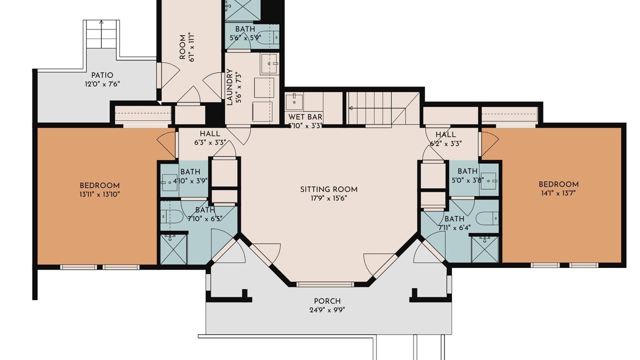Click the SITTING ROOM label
pyautogui.click(x=328, y=189)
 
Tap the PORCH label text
pyautogui.click(x=327, y=301)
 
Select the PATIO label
pyautogui.click(x=102, y=75)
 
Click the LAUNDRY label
pyautogui.click(x=229, y=87)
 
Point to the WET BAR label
pyautogui.click(x=305, y=117)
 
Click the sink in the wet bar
pyautogui.click(x=294, y=101)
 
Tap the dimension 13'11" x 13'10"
pyautogui.click(x=99, y=194)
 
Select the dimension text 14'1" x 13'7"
pyautogui.click(x=558, y=193)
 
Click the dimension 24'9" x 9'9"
pyautogui.click(x=327, y=310)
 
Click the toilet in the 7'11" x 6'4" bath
pyautogui.click(x=487, y=218)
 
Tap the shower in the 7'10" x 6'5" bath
pyautogui.click(x=173, y=249)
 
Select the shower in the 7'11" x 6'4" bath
pyautogui.click(x=484, y=249)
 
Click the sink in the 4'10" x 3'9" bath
pyautogui.click(x=169, y=182)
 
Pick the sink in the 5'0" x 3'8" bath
pyautogui.click(x=489, y=181)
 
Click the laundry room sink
pyautogui.click(x=269, y=63)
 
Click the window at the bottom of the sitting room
pyautogui.click(x=325, y=284)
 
